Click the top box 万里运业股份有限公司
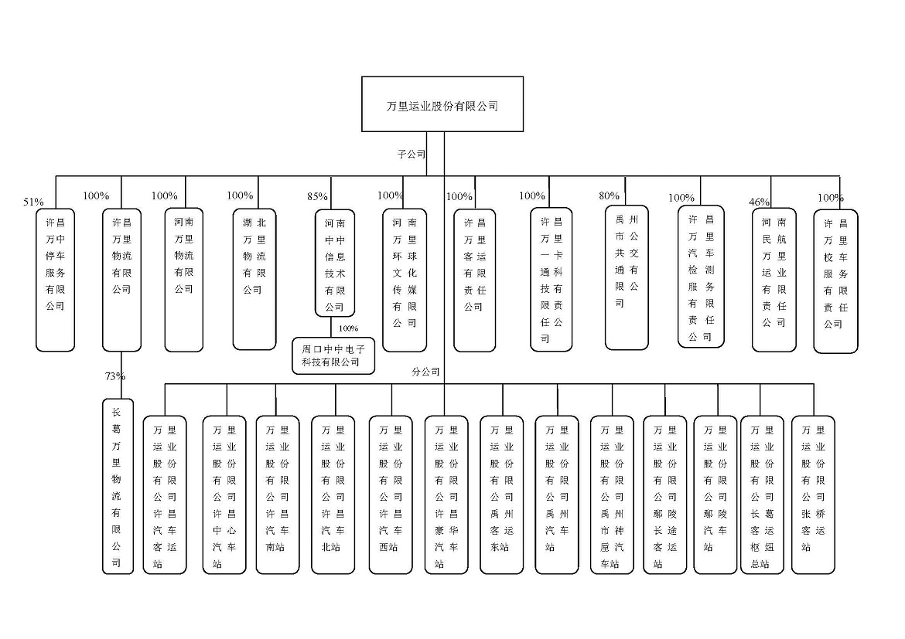(x=442, y=104)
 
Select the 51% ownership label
(x=33, y=202)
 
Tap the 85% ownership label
(x=317, y=196)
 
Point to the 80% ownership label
(x=610, y=195)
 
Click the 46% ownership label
(x=760, y=202)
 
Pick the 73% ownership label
(x=115, y=376)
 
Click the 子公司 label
(x=412, y=154)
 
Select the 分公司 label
(x=426, y=372)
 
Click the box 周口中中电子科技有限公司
(x=333, y=355)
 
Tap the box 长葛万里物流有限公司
(x=118, y=486)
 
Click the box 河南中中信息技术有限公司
(x=334, y=263)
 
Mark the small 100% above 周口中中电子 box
(x=349, y=328)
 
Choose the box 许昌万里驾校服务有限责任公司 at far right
(x=836, y=281)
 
